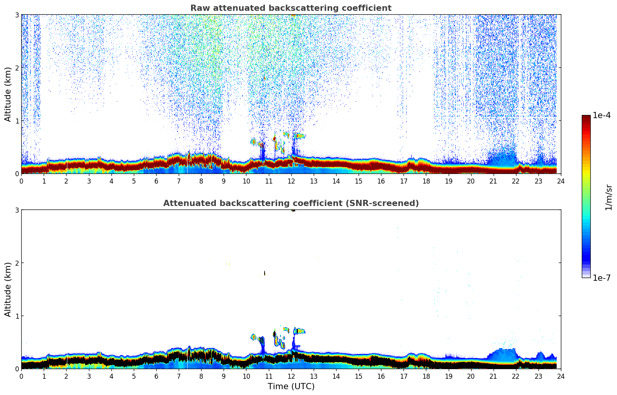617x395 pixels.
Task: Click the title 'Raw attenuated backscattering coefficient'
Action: point(291,8)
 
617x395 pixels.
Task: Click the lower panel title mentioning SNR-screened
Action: point(291,203)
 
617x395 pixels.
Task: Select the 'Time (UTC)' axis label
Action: point(291,386)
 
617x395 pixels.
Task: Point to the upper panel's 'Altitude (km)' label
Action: point(8,94)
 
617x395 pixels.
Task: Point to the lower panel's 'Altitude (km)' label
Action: point(8,289)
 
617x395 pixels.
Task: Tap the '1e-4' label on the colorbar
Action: point(602,115)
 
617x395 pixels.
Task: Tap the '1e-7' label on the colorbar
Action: point(602,278)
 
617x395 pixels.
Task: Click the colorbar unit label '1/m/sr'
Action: point(608,197)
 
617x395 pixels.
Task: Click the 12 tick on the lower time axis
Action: point(291,376)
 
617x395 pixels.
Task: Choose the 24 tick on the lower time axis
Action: point(561,376)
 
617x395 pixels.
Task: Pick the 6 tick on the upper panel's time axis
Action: point(156,181)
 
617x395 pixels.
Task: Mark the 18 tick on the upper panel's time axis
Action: point(426,181)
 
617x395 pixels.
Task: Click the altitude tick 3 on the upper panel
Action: point(17,15)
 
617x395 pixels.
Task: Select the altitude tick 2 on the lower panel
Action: point(17,263)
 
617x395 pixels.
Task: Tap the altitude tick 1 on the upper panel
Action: point(17,121)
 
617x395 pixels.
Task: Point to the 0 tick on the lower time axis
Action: point(21,376)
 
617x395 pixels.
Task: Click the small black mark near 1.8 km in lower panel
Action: point(265,273)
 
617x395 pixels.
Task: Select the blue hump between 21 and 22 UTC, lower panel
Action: point(503,353)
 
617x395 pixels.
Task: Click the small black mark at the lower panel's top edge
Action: point(293,210)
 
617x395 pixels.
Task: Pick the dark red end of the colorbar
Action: point(586,118)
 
